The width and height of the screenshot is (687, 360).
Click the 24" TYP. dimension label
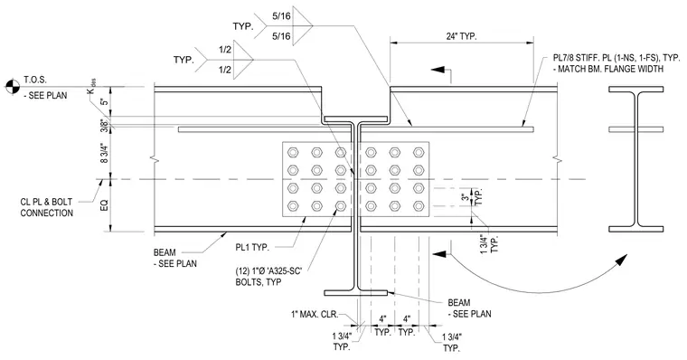point(461,36)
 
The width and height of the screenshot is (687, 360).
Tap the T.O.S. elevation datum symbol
point(13,87)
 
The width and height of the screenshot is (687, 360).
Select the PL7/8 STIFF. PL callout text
point(610,63)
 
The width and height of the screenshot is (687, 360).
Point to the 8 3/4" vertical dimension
point(104,153)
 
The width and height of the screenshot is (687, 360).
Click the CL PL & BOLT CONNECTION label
point(46,207)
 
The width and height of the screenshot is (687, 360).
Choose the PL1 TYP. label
point(252,247)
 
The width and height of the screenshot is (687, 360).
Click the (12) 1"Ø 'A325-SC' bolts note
point(268,276)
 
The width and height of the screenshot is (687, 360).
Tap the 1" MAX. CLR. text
point(315,314)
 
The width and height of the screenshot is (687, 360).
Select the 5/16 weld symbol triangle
point(302,26)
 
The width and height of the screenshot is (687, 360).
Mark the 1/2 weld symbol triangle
point(243,59)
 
